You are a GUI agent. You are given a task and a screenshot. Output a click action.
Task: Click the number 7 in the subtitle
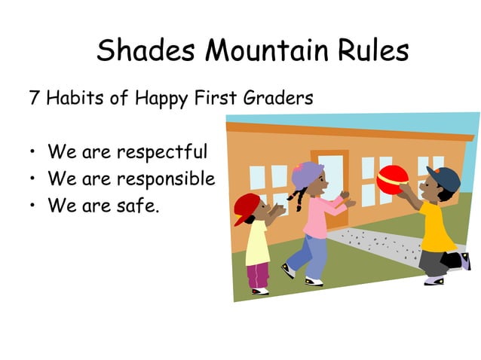pos(34,98)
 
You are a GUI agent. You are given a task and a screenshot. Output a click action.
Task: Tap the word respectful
pos(161,153)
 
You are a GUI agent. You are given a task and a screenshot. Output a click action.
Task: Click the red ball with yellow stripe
pos(392,180)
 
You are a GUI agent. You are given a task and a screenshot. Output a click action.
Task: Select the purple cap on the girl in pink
pos(307,175)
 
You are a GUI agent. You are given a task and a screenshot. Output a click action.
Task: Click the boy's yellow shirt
pos(437,226)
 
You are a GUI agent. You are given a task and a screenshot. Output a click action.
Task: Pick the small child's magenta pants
pos(257,275)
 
